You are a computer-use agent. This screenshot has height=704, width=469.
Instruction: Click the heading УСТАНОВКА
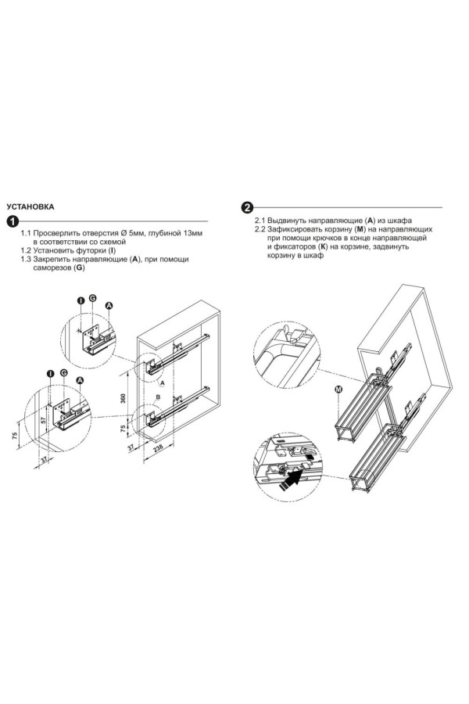30,207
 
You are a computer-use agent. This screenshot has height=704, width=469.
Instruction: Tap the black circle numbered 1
13,221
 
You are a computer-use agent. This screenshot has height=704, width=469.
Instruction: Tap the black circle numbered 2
247,207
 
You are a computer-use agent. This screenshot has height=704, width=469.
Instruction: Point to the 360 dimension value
124,398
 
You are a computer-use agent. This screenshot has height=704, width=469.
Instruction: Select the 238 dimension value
158,449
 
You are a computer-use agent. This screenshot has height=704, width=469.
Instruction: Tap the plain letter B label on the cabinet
158,397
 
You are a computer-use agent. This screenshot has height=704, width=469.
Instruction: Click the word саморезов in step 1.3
52,268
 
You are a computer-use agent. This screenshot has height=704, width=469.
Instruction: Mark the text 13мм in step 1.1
193,233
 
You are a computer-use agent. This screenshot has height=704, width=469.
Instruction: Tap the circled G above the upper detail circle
92,298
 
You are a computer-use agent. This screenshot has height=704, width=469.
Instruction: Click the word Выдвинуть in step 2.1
286,221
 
